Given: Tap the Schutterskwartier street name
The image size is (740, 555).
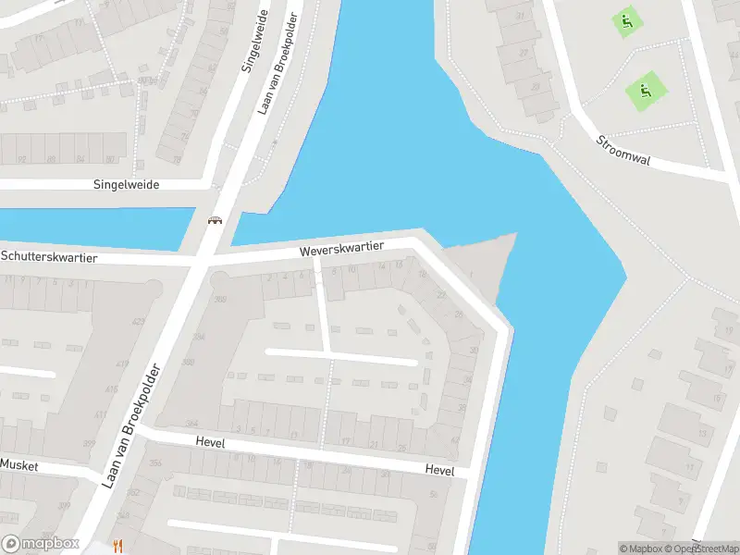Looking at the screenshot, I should tap(49, 256).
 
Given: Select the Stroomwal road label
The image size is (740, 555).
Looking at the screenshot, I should tap(623, 152).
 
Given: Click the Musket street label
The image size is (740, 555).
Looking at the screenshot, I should tap(18, 465).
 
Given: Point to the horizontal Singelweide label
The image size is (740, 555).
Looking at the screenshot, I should tap(126, 184).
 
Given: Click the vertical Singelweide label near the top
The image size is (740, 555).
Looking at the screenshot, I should tap(253, 42).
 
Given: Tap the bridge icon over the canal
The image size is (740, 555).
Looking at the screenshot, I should tap(216, 220).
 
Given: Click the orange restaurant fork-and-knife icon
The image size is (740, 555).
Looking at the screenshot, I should tap(117, 546).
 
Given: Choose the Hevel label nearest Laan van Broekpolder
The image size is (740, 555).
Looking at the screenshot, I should tap(210, 443).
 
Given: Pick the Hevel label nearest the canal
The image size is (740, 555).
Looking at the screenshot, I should tap(439, 470).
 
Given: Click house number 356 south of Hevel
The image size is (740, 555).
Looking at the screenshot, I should tap(155, 463).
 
